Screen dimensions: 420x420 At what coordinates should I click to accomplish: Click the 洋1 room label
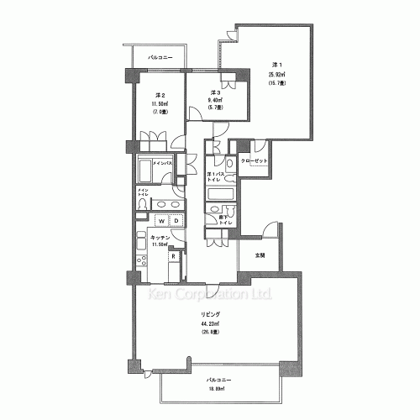276,65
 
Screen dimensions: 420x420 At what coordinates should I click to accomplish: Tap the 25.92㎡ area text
278,74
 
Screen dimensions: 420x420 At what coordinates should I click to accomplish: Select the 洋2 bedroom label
159,96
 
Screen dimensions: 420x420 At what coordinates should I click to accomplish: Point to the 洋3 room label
214,92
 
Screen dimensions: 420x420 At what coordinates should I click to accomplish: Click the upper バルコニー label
160,57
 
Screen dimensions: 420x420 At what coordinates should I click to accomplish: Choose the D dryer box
176,222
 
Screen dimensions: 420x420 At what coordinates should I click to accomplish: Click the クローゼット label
255,160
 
